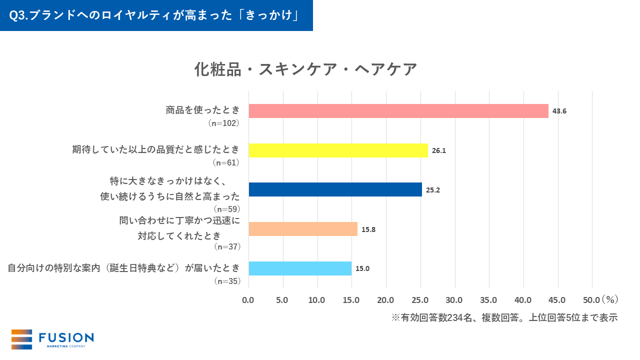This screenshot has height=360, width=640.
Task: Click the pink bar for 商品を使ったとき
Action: click(398, 111)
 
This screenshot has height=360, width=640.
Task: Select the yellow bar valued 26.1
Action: click(338, 150)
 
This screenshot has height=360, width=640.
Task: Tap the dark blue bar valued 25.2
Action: click(335, 189)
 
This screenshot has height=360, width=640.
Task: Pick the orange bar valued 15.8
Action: click(302, 229)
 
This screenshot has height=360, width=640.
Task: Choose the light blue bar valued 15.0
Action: click(300, 268)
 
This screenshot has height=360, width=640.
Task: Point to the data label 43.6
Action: click(559, 111)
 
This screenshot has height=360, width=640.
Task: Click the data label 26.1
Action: click(438, 150)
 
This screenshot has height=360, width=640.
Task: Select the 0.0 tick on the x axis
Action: click(248, 300)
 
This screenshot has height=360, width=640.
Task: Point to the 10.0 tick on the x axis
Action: click(316, 300)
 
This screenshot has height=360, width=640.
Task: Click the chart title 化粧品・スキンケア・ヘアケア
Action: click(305, 69)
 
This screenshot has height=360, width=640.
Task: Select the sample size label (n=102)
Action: click(224, 123)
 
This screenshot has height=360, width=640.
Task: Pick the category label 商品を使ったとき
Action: click(203, 110)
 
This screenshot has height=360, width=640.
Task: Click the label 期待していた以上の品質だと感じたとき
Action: click(156, 149)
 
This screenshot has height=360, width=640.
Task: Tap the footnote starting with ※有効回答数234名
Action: click(504, 318)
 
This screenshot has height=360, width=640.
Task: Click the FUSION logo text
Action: click(66, 338)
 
